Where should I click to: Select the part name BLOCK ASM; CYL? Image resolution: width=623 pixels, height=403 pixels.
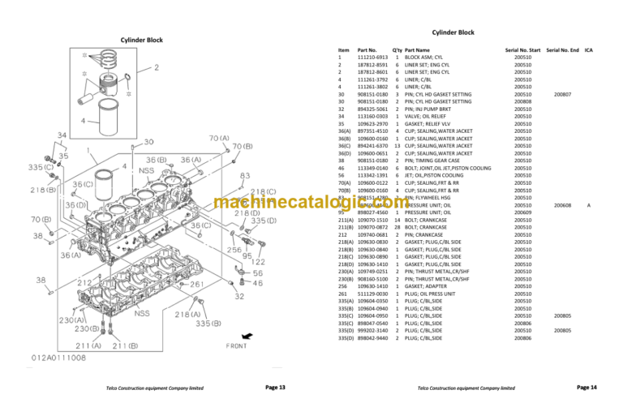pyautogui.click(x=427, y=58)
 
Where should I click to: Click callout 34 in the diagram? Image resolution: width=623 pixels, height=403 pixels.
pyautogui.click(x=62, y=135)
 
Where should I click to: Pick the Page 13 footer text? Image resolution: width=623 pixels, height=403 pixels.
pyautogui.click(x=277, y=388)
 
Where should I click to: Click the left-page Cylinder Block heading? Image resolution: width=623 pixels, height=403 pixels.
pyautogui.click(x=141, y=40)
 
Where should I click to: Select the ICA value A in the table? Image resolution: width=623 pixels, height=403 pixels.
pyautogui.click(x=588, y=206)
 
